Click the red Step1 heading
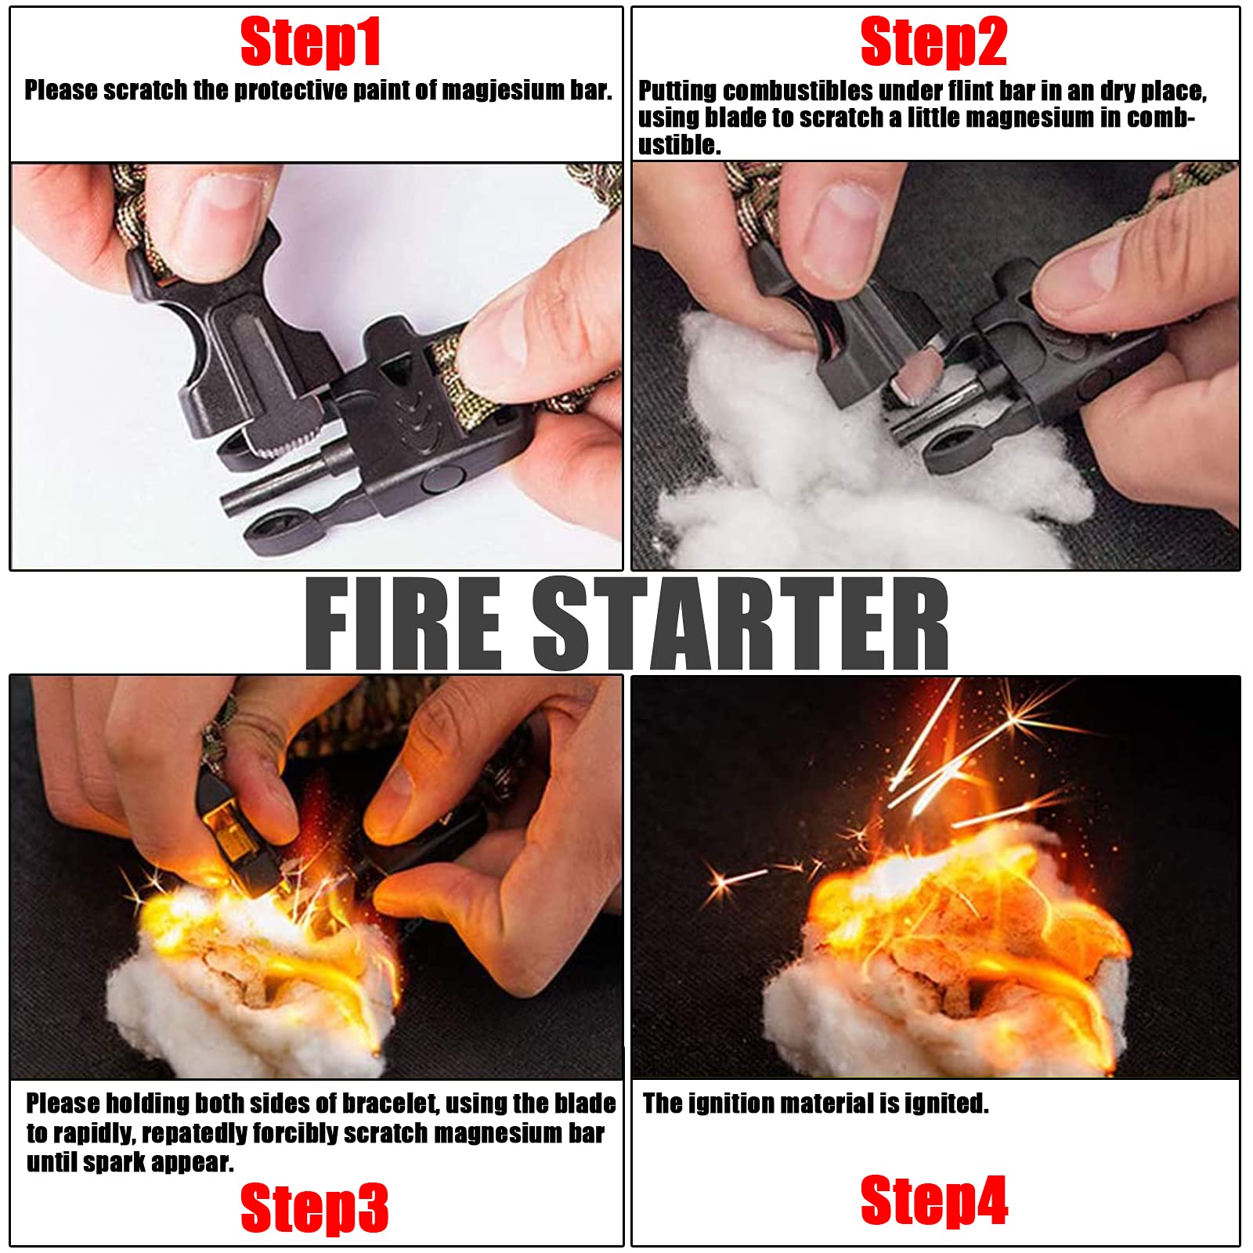pos(311,43)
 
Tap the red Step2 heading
pos(933,42)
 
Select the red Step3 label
pos(314,1208)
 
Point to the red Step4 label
pos(934,1200)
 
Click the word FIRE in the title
pos(403,623)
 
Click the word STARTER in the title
pos(740,623)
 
